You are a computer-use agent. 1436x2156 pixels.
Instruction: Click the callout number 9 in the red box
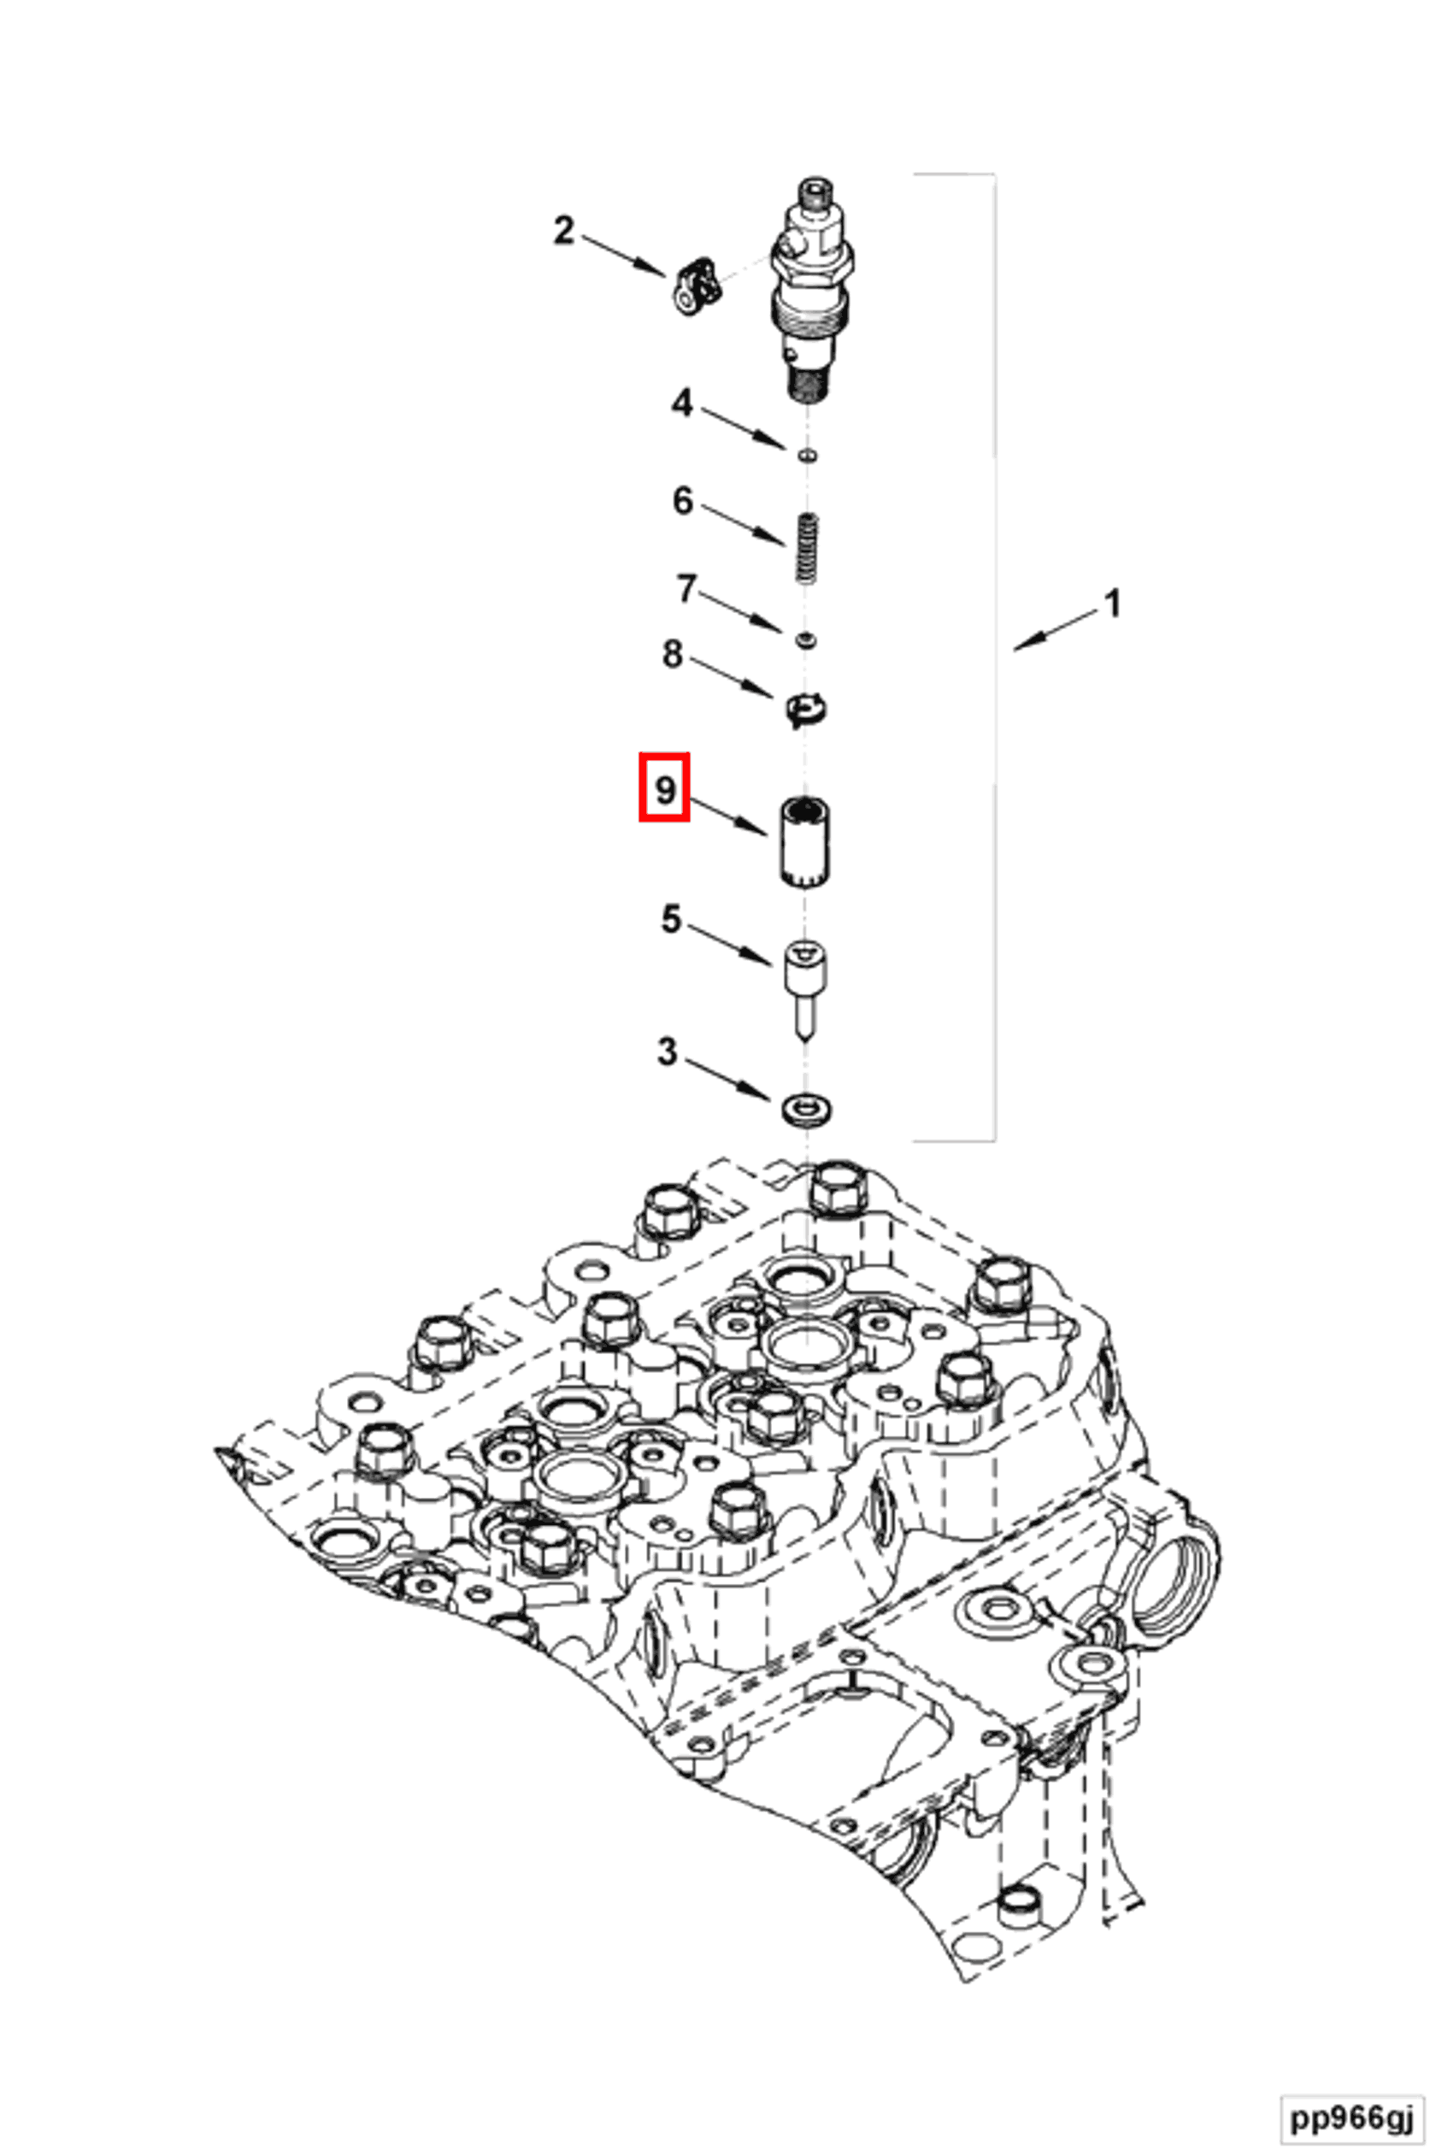[x=664, y=786]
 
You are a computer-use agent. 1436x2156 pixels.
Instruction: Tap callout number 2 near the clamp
[x=563, y=230]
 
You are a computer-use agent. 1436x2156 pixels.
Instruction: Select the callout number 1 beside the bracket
[x=1112, y=604]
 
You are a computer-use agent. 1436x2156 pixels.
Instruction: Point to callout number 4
[x=682, y=402]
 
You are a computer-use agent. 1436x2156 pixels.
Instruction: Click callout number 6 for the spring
[x=682, y=501]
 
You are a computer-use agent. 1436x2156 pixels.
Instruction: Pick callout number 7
[x=686, y=589]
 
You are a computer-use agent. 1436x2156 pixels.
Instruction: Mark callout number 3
[x=668, y=1052]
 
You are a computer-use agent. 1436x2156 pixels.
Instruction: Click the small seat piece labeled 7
[x=807, y=639]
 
